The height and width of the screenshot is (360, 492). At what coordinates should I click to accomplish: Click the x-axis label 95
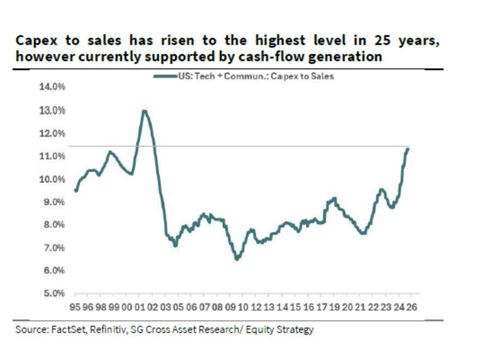click(x=75, y=306)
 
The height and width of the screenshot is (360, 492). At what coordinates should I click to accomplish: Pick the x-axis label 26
click(x=412, y=306)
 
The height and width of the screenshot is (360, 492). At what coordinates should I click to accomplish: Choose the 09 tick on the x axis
click(x=230, y=306)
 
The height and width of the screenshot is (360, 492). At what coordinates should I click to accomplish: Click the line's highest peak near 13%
click(x=144, y=111)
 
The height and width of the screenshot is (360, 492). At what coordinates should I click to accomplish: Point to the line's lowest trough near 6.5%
click(x=237, y=258)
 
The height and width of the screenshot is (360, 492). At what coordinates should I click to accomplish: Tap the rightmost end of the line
click(x=407, y=149)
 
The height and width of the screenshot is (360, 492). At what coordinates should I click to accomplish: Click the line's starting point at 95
click(x=76, y=190)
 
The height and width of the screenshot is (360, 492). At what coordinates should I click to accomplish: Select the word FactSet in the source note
click(x=65, y=329)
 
